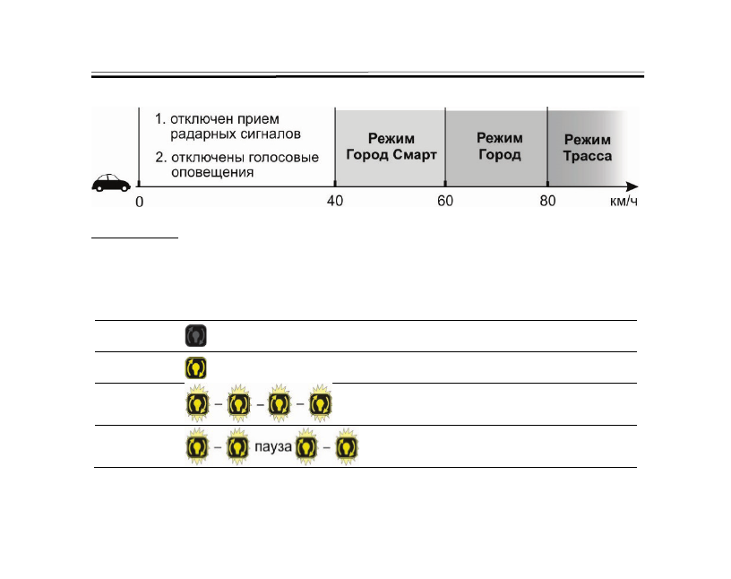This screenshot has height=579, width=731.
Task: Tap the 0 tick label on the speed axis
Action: (139, 202)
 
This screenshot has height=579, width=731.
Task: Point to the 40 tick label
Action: (334, 201)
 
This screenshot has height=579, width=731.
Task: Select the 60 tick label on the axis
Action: (445, 201)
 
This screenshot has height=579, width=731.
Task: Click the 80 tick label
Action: (547, 201)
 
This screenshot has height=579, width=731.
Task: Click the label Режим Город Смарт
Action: (391, 147)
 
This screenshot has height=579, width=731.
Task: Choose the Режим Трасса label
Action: (587, 148)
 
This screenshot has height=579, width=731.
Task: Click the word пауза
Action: (276, 446)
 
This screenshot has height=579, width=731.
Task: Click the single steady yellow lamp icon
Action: (196, 367)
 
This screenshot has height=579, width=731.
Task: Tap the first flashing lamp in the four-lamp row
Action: (197, 404)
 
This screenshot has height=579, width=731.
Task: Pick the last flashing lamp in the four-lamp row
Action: (320, 404)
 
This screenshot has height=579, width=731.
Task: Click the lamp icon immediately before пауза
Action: (237, 446)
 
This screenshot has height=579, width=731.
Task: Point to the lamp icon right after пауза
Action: (309, 446)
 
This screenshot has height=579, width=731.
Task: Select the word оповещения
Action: (210, 173)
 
